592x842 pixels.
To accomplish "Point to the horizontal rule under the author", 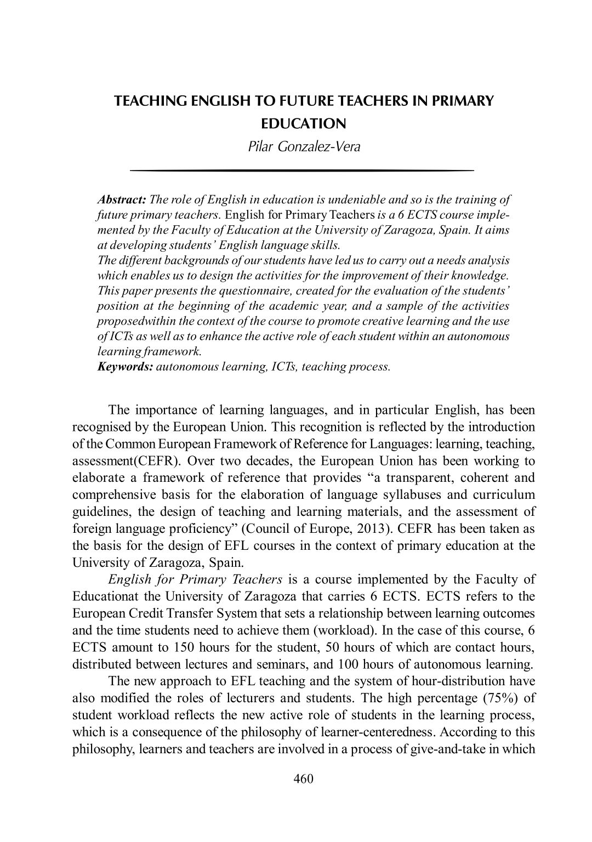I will click(x=302, y=171).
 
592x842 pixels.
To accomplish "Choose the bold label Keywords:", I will click(x=125, y=367).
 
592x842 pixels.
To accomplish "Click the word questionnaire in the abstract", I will click(x=220, y=290).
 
